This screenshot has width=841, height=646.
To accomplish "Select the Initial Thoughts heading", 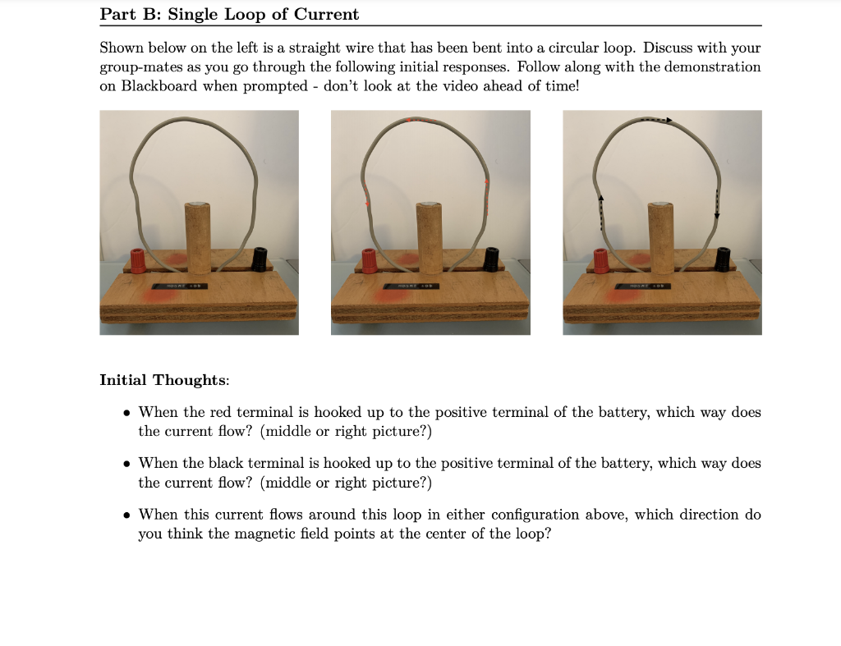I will pyautogui.click(x=164, y=380).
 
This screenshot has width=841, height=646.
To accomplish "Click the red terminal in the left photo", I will pyautogui.click(x=138, y=260).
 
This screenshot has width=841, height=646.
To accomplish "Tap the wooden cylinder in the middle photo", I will pyautogui.click(x=430, y=238).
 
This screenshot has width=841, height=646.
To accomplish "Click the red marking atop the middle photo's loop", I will pyautogui.click(x=420, y=121).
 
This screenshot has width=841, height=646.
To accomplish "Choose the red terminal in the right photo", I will pyautogui.click(x=601, y=260).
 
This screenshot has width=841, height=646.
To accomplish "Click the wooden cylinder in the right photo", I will pyautogui.click(x=661, y=238).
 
